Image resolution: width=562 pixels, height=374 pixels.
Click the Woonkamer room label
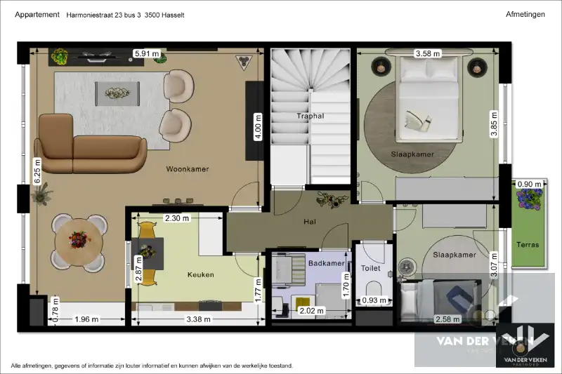tap(188, 169)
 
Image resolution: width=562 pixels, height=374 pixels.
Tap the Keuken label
tap(201, 274)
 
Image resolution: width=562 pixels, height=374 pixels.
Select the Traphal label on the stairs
tap(311, 116)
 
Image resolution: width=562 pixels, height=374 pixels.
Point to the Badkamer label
tap(326, 263)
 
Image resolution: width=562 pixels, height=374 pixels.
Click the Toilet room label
tap(371, 268)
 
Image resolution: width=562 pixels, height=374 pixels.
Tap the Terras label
tap(528, 245)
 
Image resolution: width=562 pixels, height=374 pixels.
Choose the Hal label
tap(310, 222)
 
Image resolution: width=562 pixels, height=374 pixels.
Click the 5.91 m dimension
tap(147, 54)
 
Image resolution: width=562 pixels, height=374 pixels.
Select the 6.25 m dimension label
tap(37, 171)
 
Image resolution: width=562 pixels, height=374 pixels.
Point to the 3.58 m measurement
tap(428, 54)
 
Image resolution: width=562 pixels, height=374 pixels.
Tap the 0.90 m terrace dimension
tap(530, 185)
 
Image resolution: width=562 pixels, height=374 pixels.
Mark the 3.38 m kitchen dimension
tap(199, 319)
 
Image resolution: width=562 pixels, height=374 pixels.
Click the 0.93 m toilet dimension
tap(374, 300)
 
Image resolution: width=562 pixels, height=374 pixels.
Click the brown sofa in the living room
tap(91, 145)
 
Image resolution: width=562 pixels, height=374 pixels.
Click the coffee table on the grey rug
tap(117, 94)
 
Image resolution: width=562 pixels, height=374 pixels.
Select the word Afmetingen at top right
tap(525, 14)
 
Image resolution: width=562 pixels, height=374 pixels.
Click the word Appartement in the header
tap(37, 15)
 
